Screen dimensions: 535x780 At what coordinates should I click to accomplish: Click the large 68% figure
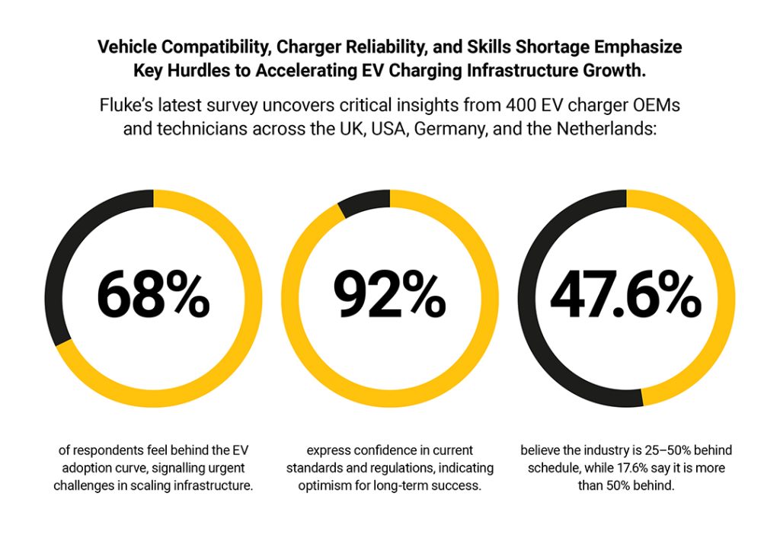tap(153, 296)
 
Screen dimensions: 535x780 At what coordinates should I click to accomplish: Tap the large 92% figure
tap(389, 296)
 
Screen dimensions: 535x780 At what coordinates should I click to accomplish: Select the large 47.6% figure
tap(626, 296)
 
